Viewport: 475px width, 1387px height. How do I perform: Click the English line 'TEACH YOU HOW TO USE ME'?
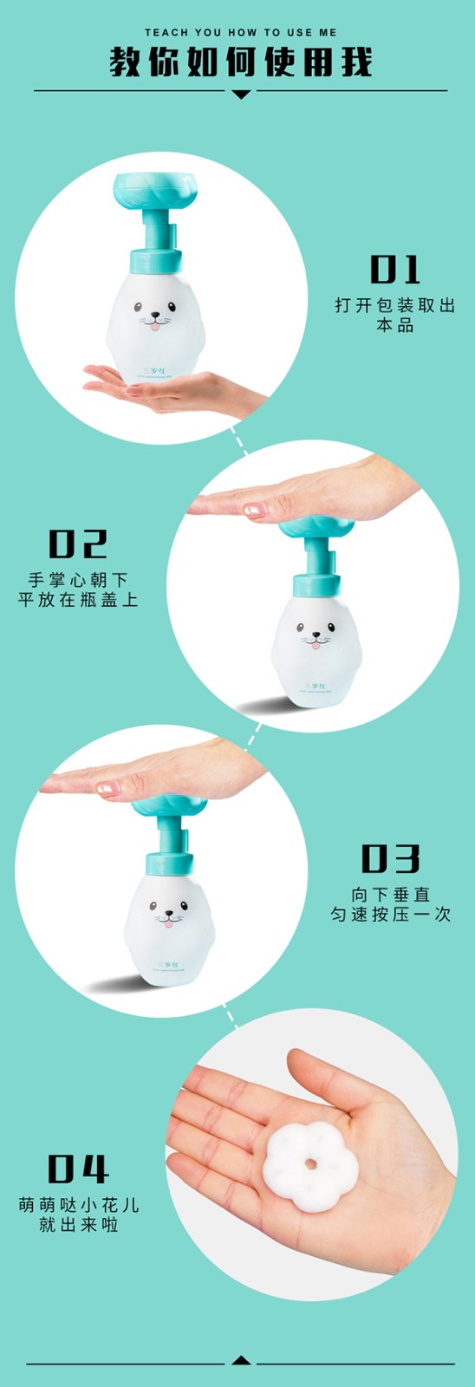(x=240, y=32)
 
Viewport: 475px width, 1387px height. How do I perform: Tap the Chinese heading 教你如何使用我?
(x=240, y=62)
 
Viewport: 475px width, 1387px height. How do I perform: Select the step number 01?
(x=395, y=270)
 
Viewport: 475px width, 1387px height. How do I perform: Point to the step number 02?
(x=77, y=544)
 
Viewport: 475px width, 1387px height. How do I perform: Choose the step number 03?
(x=390, y=858)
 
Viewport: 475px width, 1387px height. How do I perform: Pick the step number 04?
(x=77, y=1169)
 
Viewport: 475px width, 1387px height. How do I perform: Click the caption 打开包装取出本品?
(x=395, y=316)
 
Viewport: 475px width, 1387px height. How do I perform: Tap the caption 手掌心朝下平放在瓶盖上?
(x=78, y=589)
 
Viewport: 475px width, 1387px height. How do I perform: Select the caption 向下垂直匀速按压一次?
(x=390, y=904)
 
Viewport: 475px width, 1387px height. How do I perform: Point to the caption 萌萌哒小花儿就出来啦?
(x=78, y=1214)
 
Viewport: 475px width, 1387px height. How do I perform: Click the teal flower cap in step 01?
(x=156, y=192)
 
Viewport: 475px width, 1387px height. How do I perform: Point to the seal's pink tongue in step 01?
(x=153, y=326)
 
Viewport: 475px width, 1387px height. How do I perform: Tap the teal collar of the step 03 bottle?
(x=169, y=863)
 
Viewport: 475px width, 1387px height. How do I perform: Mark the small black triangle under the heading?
(x=241, y=94)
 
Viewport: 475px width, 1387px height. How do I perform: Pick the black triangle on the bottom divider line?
(x=242, y=1360)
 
